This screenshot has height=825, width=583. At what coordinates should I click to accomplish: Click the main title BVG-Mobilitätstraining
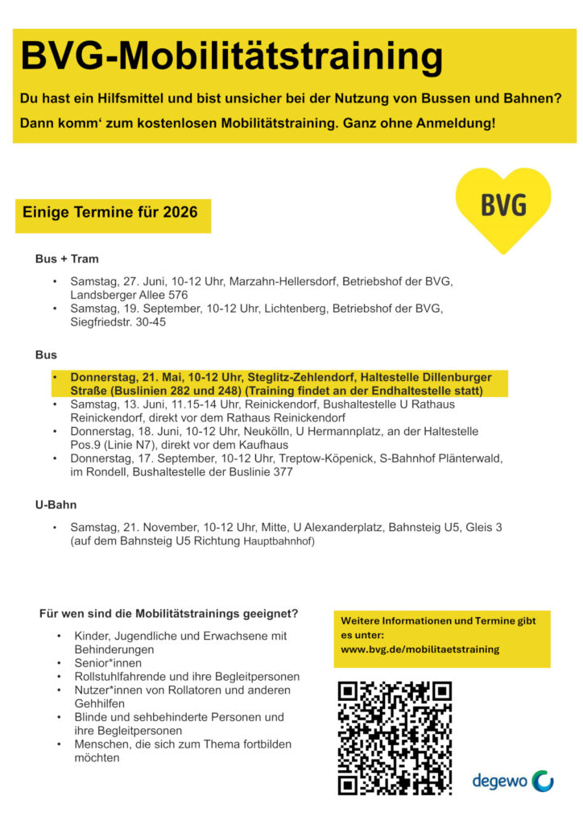point(232,57)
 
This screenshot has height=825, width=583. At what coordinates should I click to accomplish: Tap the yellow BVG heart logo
point(503,207)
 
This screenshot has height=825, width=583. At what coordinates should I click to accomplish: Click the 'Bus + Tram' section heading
point(67,259)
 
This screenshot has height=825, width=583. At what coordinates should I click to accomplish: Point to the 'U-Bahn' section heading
point(56,504)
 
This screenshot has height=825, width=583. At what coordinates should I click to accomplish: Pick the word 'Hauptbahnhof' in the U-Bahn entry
point(279,541)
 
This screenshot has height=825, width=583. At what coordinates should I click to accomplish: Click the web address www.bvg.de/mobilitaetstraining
point(420,649)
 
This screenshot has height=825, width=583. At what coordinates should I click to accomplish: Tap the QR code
point(395,738)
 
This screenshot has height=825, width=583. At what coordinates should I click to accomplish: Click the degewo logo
point(513,780)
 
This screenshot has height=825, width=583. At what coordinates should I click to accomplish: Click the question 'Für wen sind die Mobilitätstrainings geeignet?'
point(168,613)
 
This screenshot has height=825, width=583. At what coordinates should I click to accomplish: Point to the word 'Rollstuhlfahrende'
point(118,676)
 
